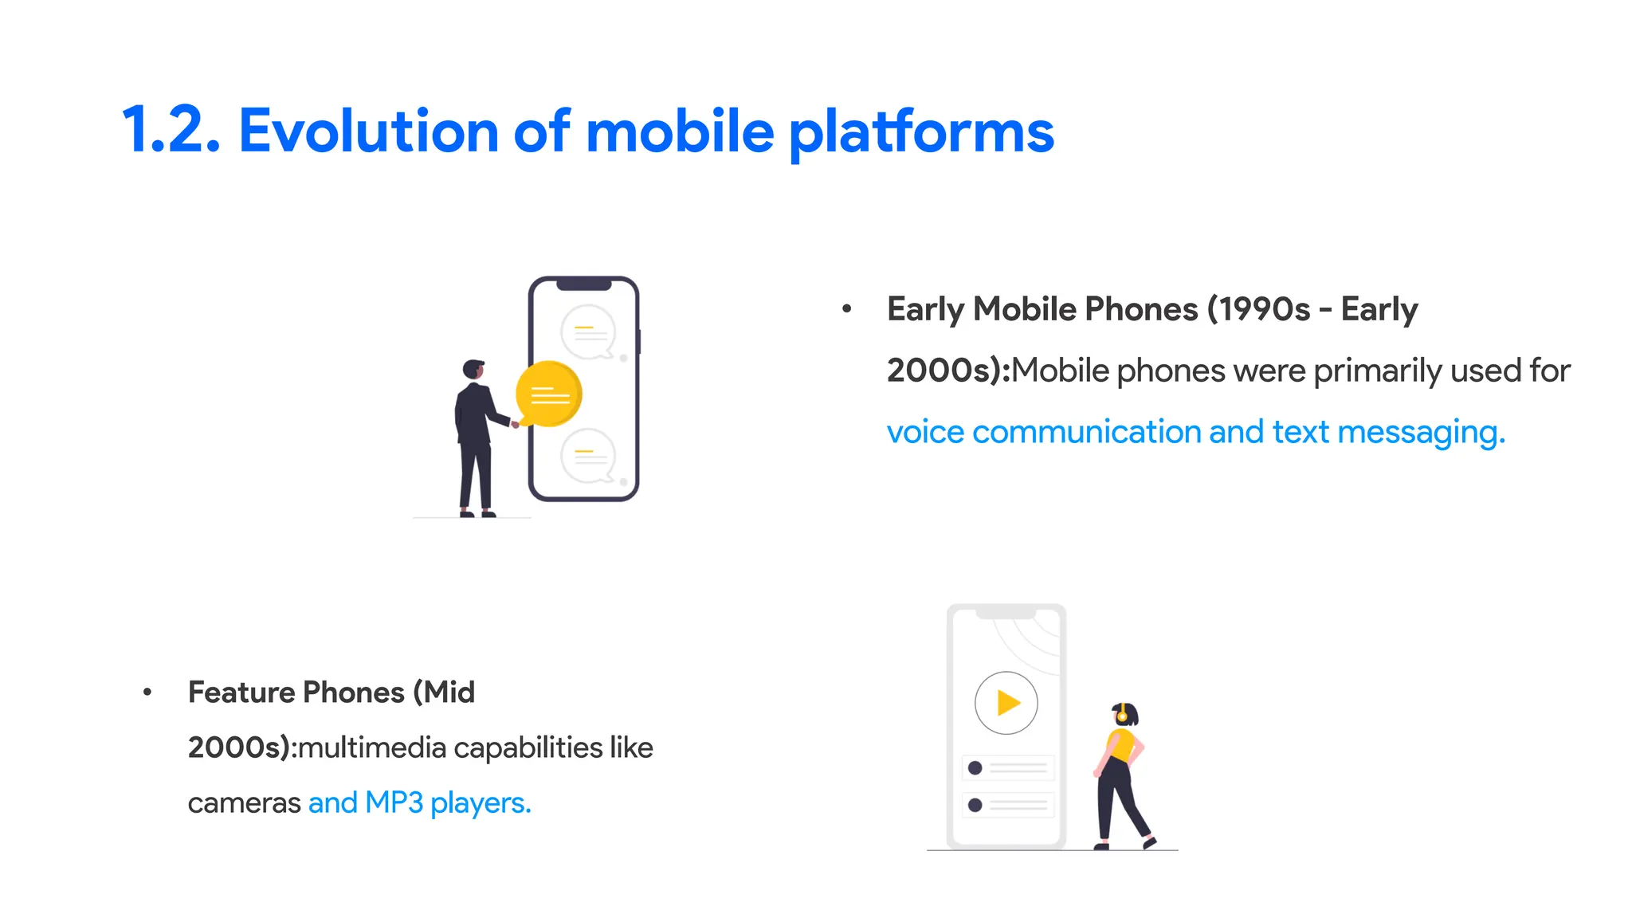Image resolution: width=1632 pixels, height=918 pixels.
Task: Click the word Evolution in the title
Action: (368, 131)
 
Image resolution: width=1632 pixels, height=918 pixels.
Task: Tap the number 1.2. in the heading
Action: (171, 131)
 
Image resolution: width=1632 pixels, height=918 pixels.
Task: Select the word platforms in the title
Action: (921, 133)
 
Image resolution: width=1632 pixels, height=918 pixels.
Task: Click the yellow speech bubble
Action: (549, 394)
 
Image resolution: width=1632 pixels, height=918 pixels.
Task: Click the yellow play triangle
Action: (1008, 703)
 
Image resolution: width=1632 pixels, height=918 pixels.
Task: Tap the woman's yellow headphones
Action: (1122, 714)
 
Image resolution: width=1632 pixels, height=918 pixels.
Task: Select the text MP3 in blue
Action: (394, 803)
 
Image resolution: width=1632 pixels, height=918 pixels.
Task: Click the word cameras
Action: (244, 803)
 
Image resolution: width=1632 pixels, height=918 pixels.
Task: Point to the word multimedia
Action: (372, 748)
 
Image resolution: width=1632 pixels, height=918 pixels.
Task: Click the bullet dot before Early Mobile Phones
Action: (847, 308)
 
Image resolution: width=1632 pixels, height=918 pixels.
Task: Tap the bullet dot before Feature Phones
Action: (147, 692)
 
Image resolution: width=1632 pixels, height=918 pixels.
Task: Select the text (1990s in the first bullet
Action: (1258, 309)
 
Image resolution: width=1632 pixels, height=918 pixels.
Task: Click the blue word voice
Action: (925, 432)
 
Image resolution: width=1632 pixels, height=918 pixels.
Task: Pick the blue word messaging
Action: (1421, 433)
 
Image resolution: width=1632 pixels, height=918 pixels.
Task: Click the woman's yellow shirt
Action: (1122, 746)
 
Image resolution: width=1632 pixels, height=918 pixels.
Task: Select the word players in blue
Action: (480, 803)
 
